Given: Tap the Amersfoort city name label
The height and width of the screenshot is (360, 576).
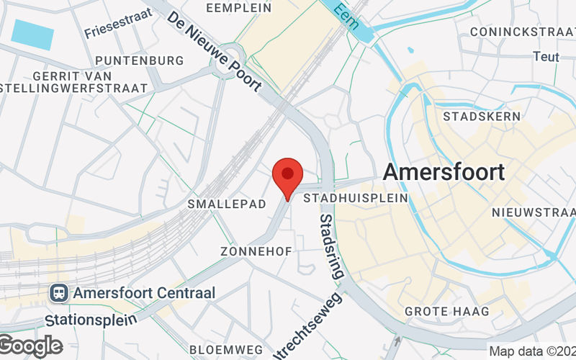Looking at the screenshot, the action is pos(444,172).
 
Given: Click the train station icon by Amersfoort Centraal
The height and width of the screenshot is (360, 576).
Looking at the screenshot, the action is pos(58,293).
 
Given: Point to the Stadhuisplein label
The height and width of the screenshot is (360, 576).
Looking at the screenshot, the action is pos(356,197).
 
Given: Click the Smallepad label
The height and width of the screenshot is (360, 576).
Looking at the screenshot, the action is pos(227,204).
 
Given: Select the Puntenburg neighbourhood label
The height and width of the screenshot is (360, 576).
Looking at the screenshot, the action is pos(139,60).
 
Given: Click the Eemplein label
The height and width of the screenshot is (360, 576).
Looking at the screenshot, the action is pos(239,8).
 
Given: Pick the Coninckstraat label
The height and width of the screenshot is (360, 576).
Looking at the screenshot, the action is pos(521,32).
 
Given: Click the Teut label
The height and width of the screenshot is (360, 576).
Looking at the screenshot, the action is pos(545,56).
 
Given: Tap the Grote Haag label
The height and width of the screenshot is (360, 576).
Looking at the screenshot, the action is pos(446,312).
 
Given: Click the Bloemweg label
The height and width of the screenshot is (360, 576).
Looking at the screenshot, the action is pos(216,349).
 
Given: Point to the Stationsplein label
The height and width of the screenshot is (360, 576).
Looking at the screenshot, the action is pos(89,318).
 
